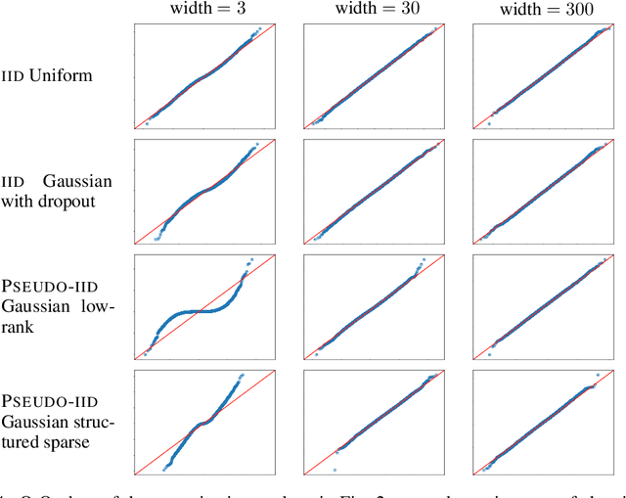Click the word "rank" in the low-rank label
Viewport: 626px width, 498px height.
17,326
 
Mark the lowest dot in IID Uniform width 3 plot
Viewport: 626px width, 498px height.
147,124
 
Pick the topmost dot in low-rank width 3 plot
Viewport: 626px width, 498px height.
250,259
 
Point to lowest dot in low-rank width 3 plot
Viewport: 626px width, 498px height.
145,355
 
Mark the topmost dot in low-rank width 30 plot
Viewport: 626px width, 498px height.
423,264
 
